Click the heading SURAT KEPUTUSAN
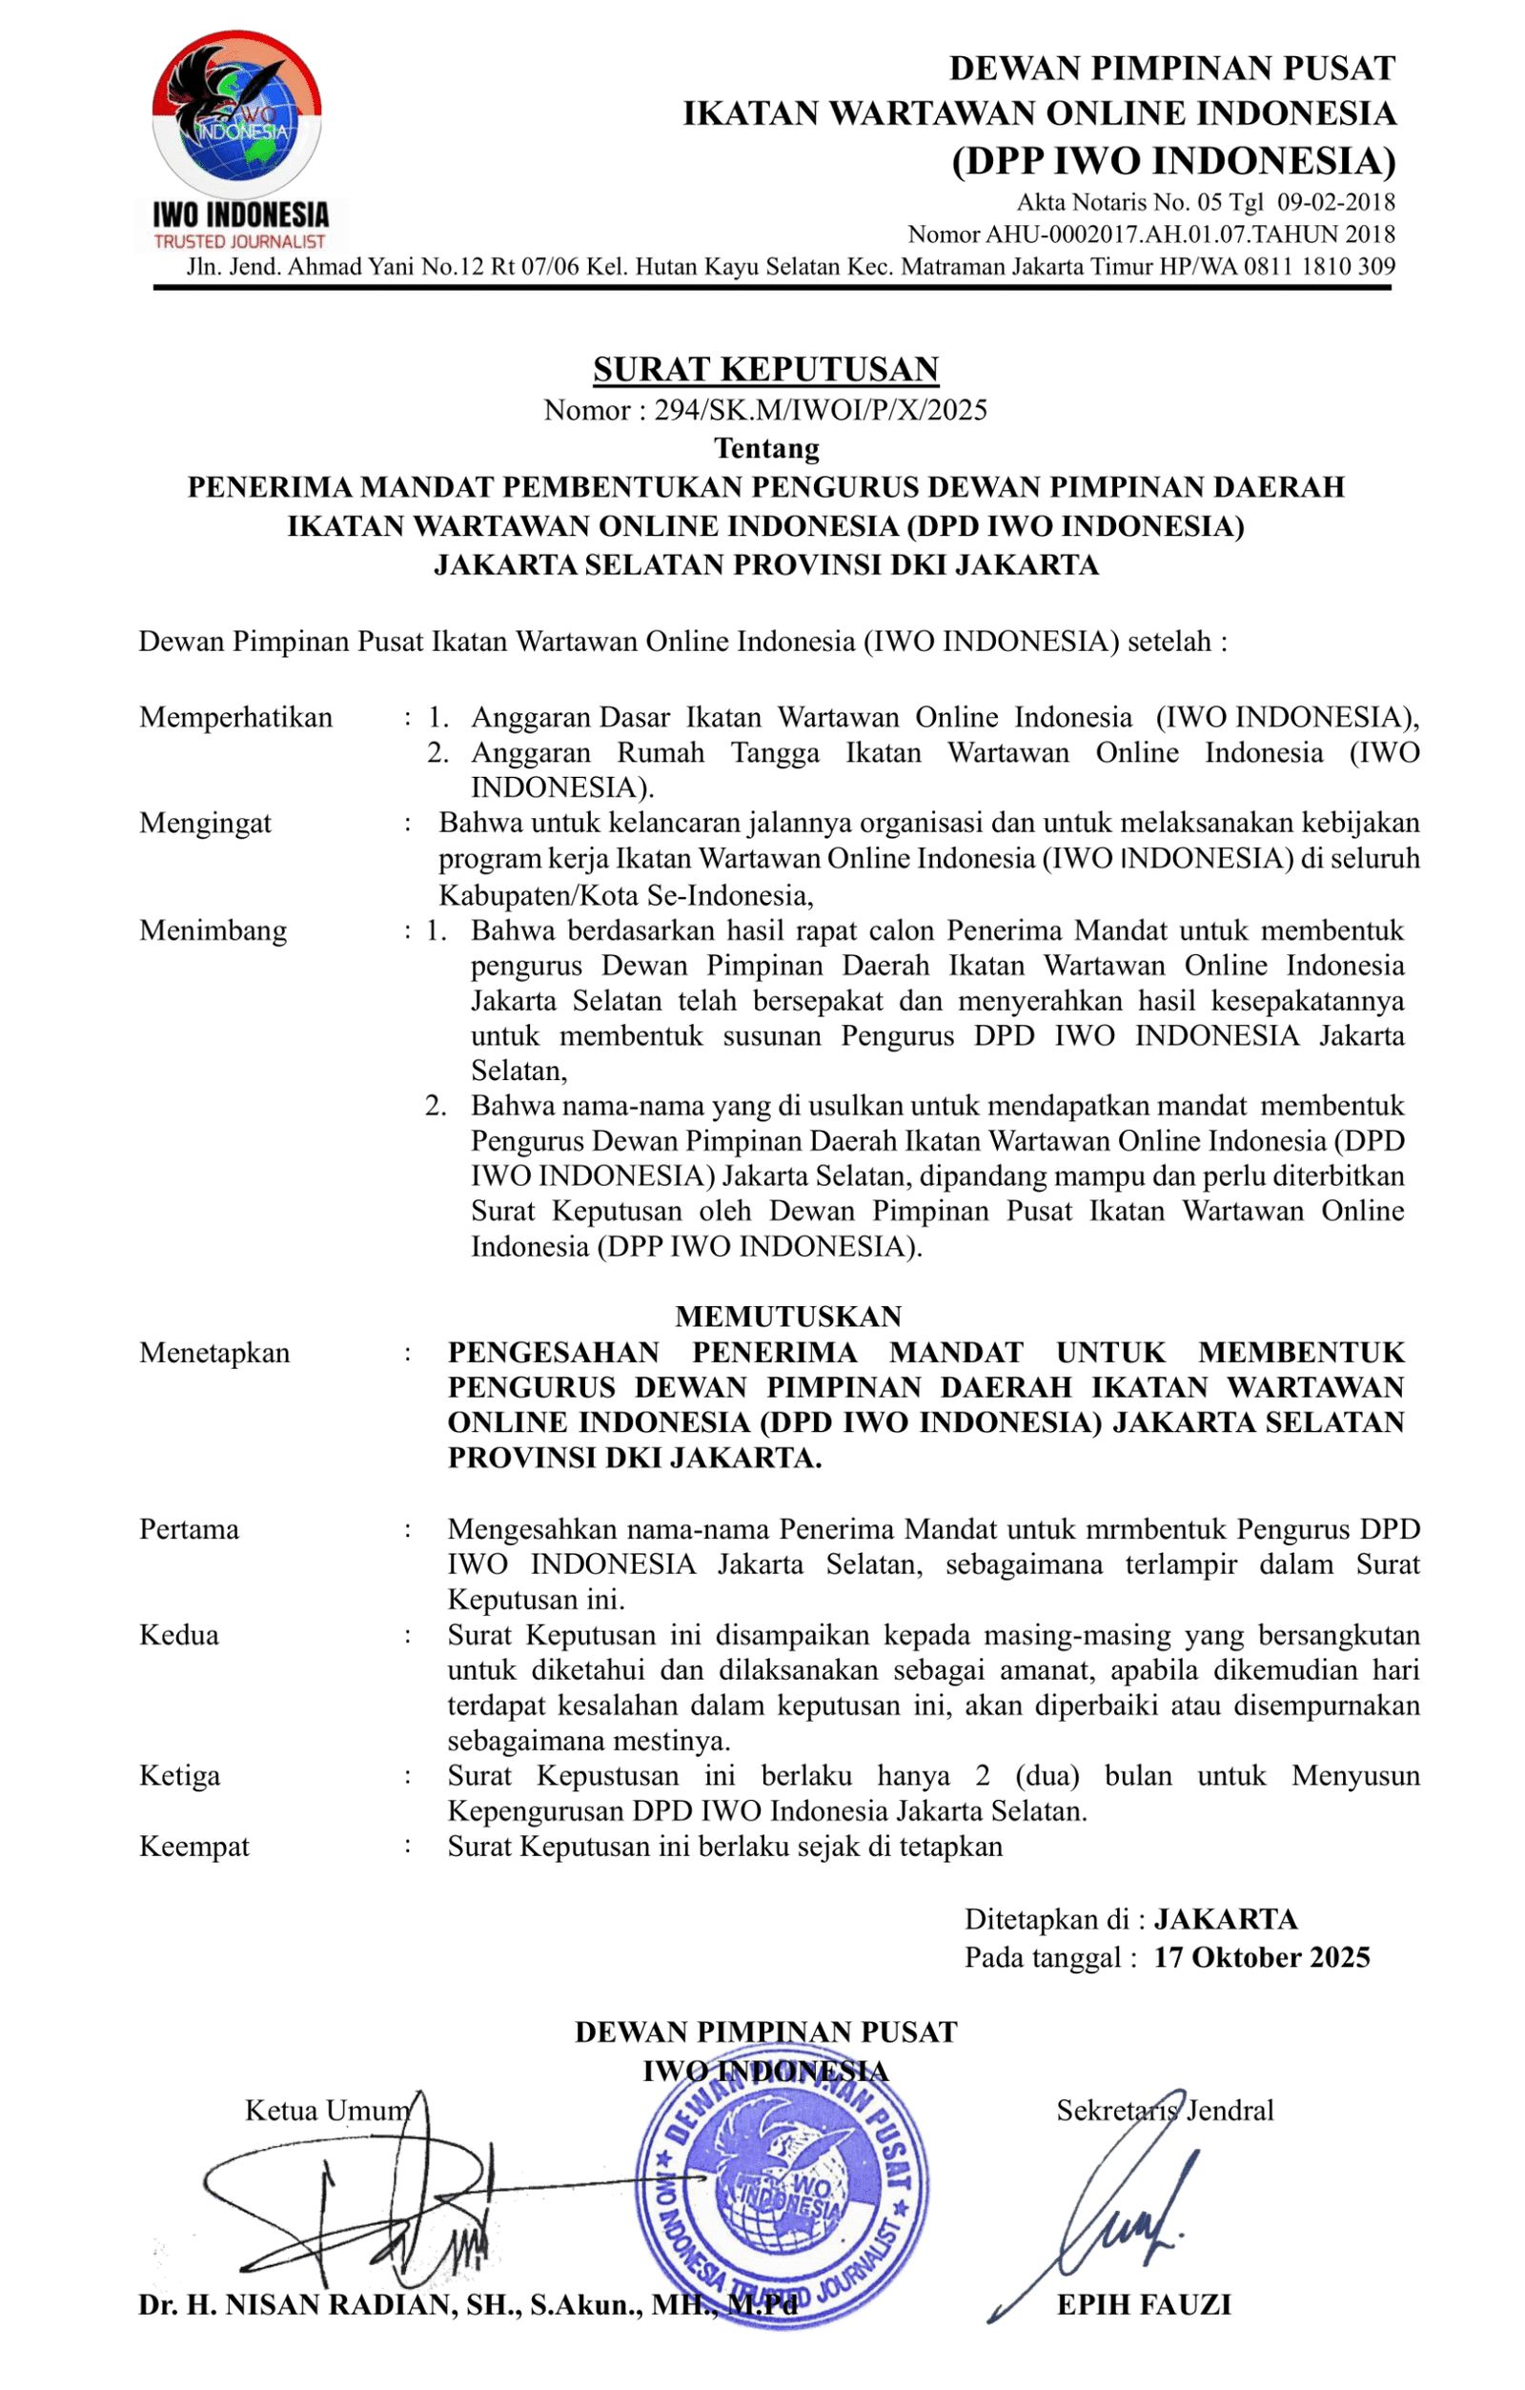tap(766, 369)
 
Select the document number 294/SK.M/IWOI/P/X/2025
tap(821, 410)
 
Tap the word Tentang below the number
tap(766, 449)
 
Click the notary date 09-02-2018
tap(1335, 202)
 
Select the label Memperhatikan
tap(236, 717)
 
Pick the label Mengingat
tap(205, 823)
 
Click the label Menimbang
tap(213, 930)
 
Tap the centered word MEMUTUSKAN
tap(788, 1317)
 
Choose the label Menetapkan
tap(214, 1353)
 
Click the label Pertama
tap(190, 1529)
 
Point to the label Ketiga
tap(179, 1776)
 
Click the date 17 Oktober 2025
tap(1261, 1957)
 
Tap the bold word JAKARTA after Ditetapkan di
tap(1226, 1918)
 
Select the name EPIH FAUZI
tap(1144, 2304)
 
